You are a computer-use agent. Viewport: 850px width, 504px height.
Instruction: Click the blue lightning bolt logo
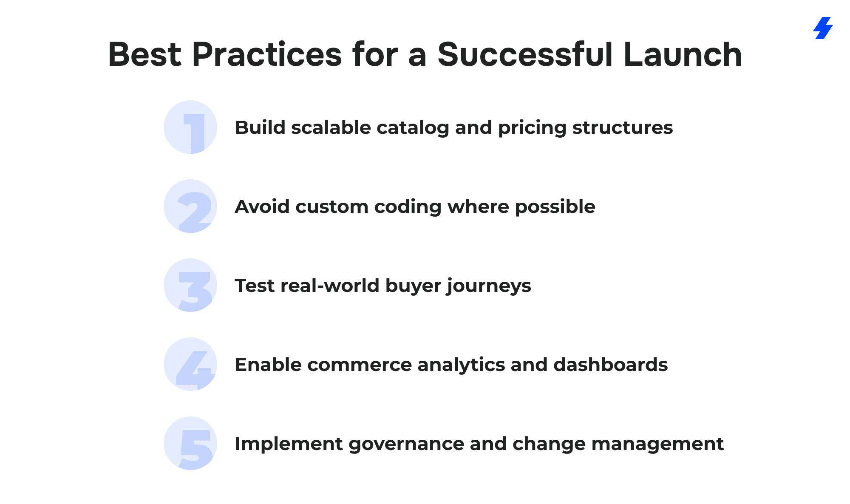click(823, 28)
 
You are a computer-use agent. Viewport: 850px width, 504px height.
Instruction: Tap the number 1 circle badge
click(190, 127)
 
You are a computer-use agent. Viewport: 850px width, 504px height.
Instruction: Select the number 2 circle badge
click(190, 206)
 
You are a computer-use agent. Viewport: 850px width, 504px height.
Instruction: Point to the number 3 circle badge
click(190, 285)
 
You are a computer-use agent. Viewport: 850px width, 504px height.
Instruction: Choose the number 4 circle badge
click(190, 364)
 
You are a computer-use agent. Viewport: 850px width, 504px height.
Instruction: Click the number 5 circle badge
click(190, 443)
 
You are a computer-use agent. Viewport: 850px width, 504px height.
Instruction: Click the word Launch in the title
click(683, 54)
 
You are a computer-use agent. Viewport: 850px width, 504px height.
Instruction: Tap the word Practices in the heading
click(267, 54)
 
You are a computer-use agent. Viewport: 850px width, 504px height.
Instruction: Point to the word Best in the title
click(145, 54)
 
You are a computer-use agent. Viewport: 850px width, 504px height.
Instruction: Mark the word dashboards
click(611, 365)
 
